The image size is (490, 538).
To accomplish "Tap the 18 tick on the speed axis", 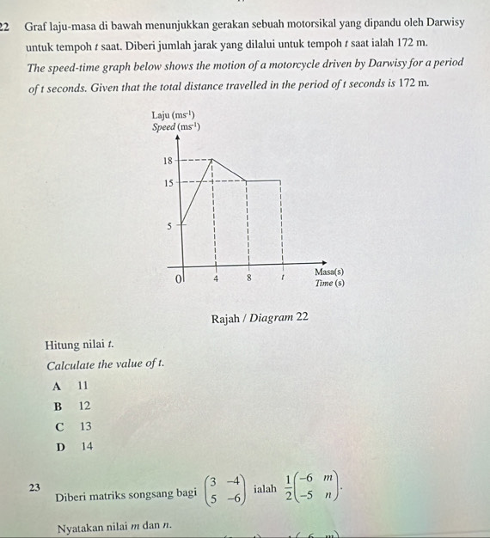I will pyautogui.click(x=168, y=160).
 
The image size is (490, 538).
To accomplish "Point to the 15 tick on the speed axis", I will pyautogui.click(x=168, y=181).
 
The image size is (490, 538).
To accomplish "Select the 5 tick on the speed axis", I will pyautogui.click(x=170, y=226).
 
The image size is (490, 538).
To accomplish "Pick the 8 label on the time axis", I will pyautogui.click(x=248, y=278).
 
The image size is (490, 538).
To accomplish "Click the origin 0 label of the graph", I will pyautogui.click(x=179, y=279).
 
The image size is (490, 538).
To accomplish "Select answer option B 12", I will pyautogui.click(x=72, y=406).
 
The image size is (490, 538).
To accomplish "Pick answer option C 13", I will pyautogui.click(x=72, y=426).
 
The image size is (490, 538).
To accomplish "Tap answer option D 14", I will pyautogui.click(x=72, y=447).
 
